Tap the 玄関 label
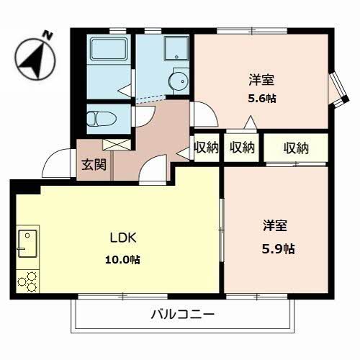pyautogui.click(x=94, y=164)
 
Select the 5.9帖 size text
pyautogui.click(x=277, y=248)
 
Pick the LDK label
pyautogui.click(x=122, y=238)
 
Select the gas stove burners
pyautogui.click(x=27, y=280)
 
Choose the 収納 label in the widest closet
pyautogui.click(x=295, y=148)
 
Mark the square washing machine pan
pyautogui.click(x=176, y=49)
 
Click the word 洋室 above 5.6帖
pyautogui.click(x=261, y=79)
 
